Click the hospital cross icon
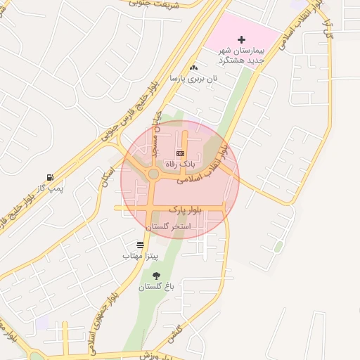242,39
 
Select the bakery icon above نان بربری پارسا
193,67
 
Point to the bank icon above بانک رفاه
180,153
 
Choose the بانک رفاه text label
181,163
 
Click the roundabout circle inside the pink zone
153,174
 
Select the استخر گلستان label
168,226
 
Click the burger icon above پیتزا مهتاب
141,245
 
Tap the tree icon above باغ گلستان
155,276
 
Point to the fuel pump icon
49,177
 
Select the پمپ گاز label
51,188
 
